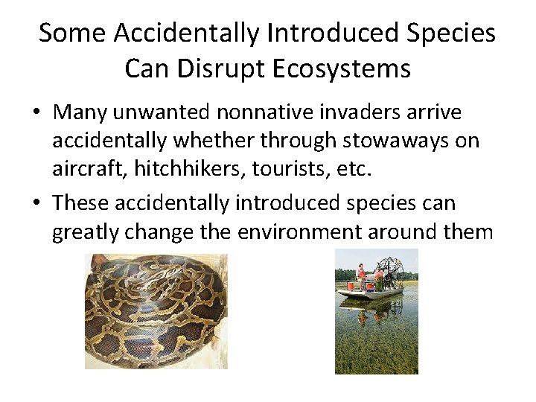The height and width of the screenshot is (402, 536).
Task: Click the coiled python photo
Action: pyautogui.click(x=156, y=311)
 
